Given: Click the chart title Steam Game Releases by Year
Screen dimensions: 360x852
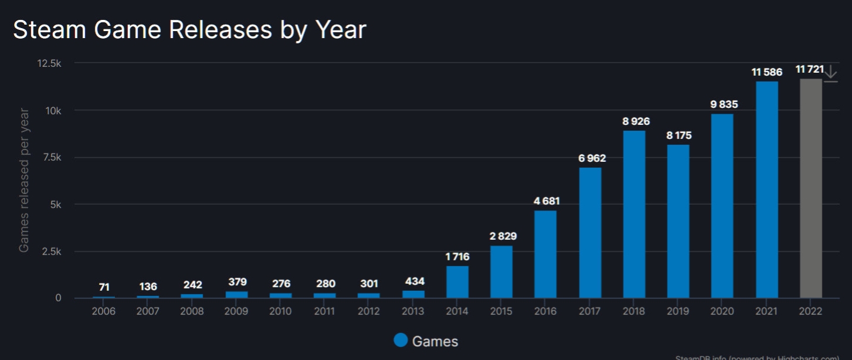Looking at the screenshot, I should (189, 29).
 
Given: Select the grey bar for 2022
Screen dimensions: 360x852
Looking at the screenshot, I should (811, 188).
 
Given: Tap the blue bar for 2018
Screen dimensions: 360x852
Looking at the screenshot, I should (634, 214).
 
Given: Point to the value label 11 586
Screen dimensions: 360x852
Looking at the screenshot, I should (766, 73).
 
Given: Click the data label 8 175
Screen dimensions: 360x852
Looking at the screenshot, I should (678, 135).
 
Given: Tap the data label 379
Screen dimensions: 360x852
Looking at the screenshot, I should (236, 283).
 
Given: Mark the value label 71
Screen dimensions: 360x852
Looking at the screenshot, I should (104, 287).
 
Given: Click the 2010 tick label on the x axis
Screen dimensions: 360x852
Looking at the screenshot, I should (280, 311).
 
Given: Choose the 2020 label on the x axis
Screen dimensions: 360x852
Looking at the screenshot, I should (722, 311).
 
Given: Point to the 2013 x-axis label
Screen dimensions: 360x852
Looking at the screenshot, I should (413, 311).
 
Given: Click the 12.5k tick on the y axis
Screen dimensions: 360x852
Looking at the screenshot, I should (49, 63).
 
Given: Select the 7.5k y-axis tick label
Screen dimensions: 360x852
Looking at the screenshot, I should (49, 158).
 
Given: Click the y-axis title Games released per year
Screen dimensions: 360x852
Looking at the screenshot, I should (24, 180).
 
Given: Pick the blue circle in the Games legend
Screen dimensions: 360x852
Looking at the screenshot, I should (401, 341).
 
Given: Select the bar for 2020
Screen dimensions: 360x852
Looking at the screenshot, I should (722, 205).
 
